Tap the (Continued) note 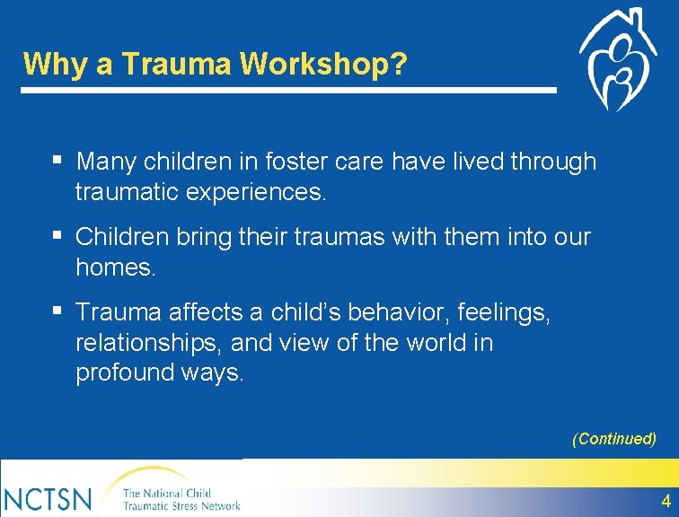pyautogui.click(x=614, y=439)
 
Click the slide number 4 pyautogui.click(x=666, y=500)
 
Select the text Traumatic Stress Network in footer pyautogui.click(x=181, y=505)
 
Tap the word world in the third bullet pyautogui.click(x=428, y=343)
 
